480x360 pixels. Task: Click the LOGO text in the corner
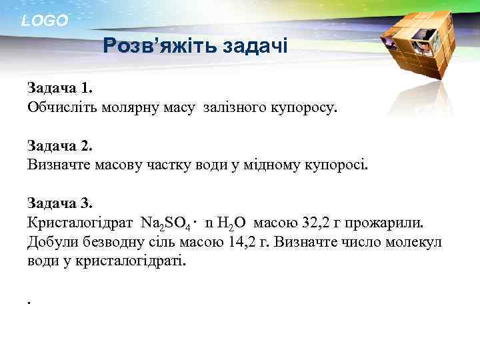45,21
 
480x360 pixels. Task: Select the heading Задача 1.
61,87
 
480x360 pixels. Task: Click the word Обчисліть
63,107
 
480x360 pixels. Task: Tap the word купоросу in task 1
303,107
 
